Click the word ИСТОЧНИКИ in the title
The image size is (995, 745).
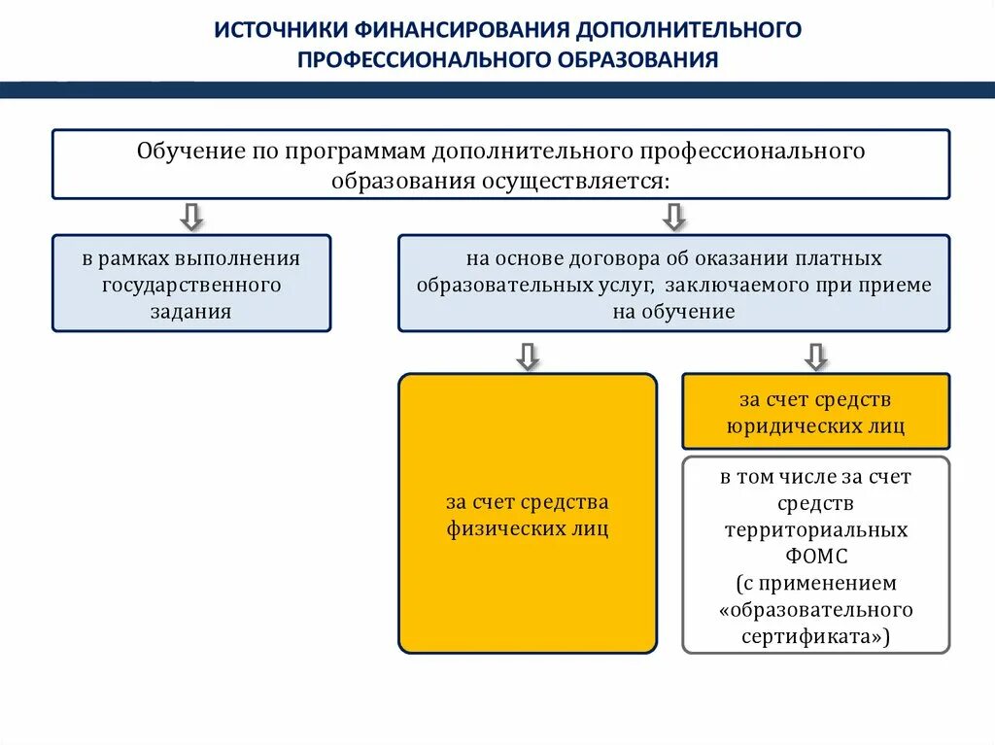pos(274,29)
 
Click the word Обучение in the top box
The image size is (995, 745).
pos(184,152)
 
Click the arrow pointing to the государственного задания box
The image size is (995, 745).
pos(191,216)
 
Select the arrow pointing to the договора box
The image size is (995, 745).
pos(674,216)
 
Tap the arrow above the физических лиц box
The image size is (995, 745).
pos(528,356)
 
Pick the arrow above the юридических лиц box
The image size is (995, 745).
pos(816,356)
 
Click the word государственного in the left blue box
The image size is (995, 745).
pos(191,286)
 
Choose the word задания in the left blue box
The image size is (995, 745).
pos(191,312)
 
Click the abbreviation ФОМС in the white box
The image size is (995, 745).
pos(815,558)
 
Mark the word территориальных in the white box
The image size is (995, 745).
pos(815,530)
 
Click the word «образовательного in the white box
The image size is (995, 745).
pos(815,610)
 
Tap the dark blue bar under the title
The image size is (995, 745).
pos(497,89)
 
